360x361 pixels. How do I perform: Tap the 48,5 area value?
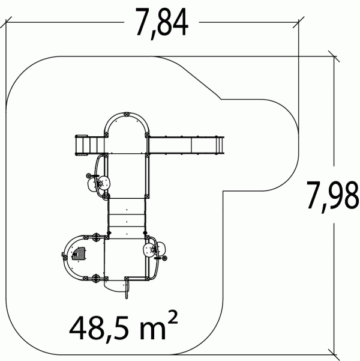coord(104,329)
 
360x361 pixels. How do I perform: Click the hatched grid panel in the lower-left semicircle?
coord(79,253)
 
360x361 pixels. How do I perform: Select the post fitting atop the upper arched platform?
coord(126,114)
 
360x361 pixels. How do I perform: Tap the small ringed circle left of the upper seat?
coord(89,176)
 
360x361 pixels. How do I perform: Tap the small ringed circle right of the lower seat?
coord(164,258)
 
